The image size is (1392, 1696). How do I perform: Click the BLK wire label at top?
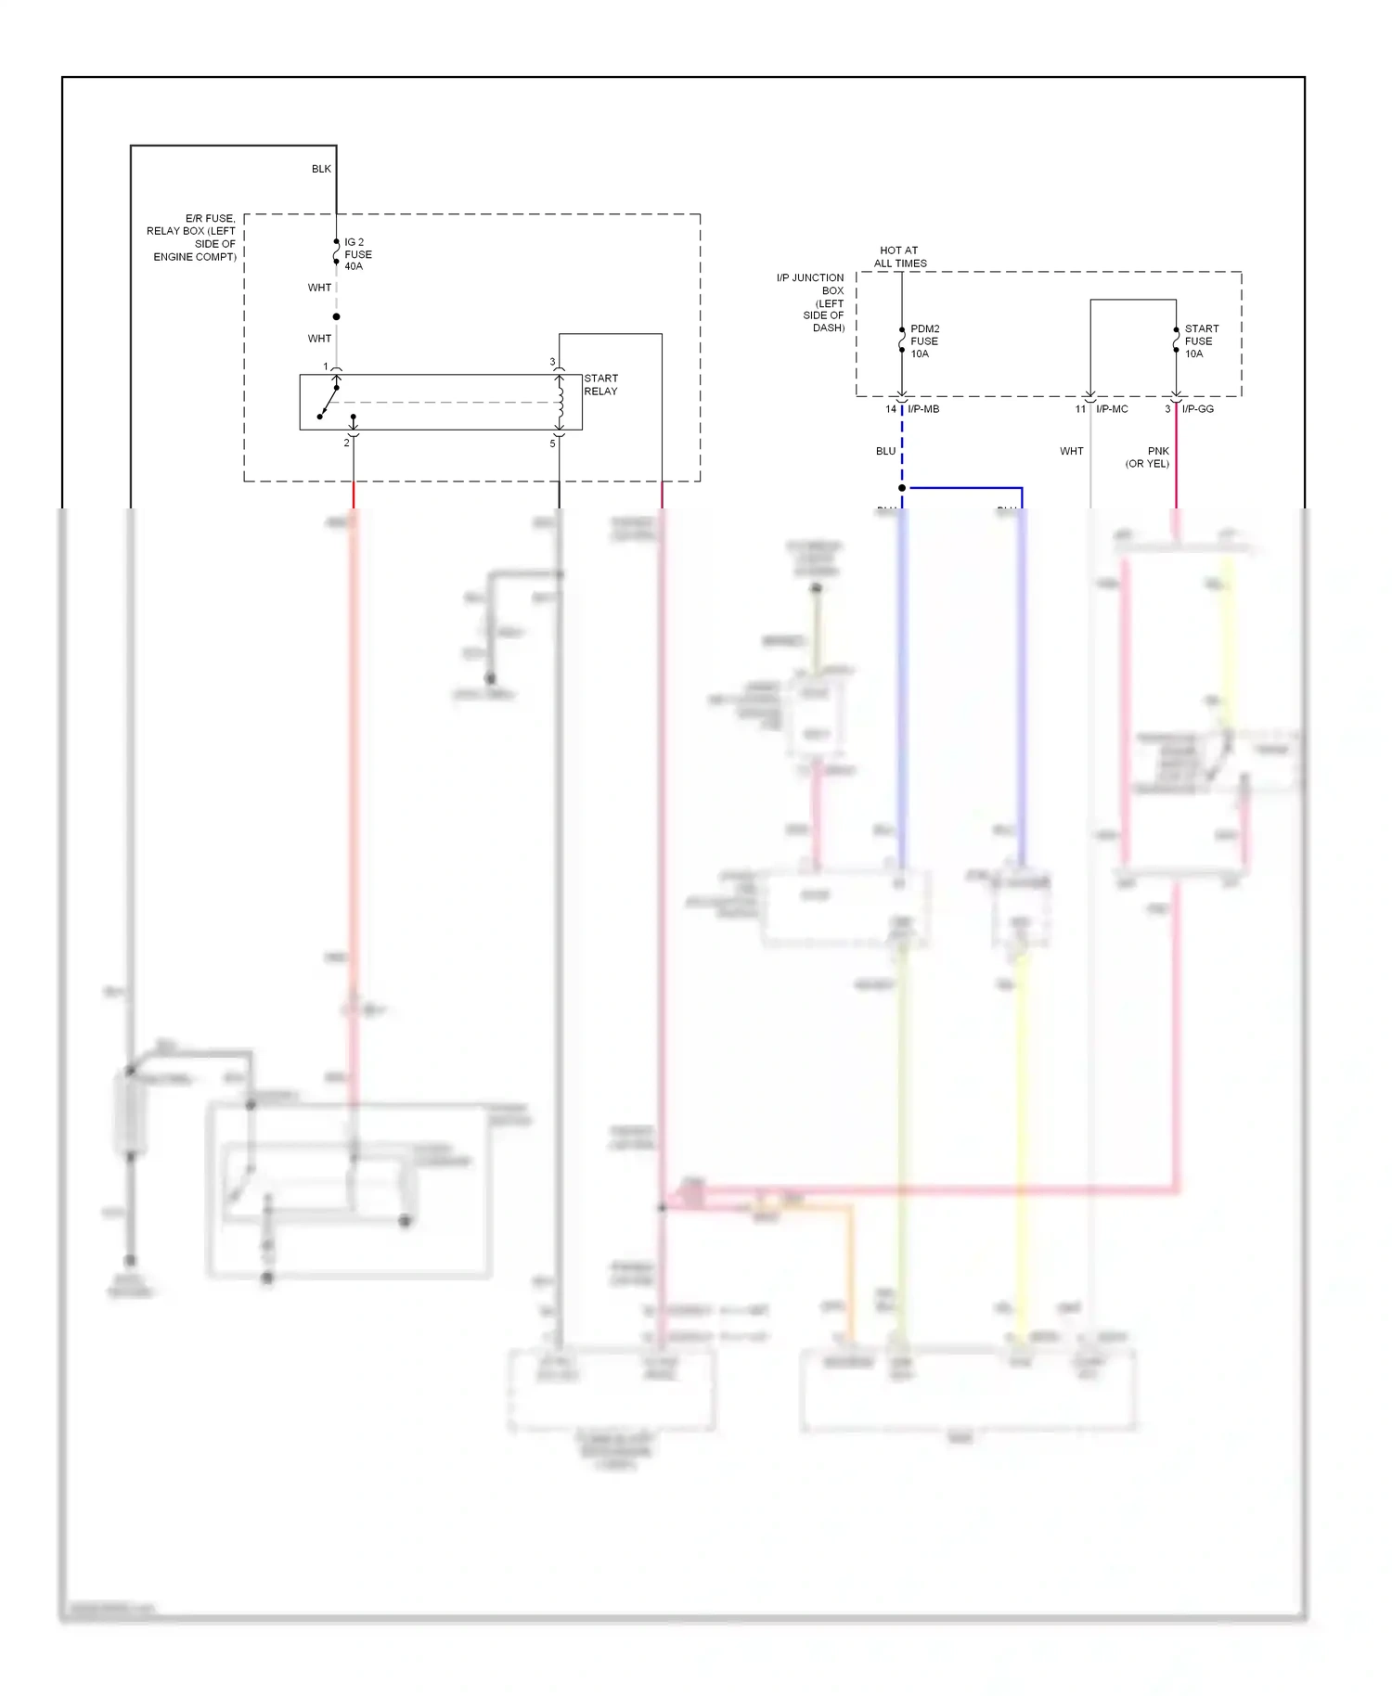321,169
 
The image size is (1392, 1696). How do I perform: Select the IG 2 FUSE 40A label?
357,254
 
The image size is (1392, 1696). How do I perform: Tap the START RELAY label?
600,385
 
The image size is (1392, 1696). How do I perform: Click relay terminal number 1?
326,366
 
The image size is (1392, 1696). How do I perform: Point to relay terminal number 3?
552,362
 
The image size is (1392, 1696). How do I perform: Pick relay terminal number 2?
347,443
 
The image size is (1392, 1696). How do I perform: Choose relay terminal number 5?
552,443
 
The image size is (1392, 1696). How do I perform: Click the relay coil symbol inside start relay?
560,402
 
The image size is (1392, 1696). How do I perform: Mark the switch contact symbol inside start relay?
328,403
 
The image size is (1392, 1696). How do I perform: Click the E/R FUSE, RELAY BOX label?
193,238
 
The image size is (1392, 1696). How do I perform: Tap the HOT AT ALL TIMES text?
899,257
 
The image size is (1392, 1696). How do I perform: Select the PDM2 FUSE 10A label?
924,341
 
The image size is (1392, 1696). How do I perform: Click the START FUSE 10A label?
1201,341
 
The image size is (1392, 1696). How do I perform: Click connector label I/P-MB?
923,409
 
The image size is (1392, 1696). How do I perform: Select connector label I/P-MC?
1112,409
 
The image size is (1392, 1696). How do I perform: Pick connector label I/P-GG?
1198,409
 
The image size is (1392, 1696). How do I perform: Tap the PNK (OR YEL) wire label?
1149,457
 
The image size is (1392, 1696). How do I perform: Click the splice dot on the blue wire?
902,488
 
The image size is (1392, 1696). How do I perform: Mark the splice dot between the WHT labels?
336,316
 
